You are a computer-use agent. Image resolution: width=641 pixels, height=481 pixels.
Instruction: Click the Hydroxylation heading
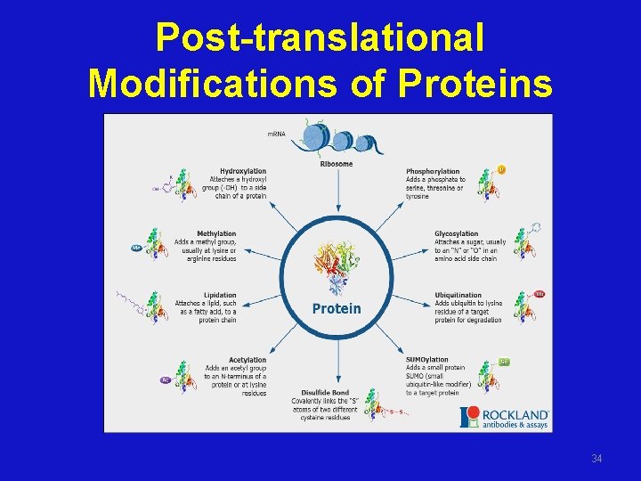tap(243, 171)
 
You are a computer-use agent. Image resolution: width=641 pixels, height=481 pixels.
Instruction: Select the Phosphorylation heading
tap(433, 171)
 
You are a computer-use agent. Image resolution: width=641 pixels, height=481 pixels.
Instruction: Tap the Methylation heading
tap(216, 233)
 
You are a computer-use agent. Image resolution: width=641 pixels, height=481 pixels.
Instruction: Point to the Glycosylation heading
tap(456, 233)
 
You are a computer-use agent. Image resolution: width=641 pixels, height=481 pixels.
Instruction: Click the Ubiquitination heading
tap(458, 295)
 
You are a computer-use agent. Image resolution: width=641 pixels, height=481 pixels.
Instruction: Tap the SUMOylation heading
tap(427, 360)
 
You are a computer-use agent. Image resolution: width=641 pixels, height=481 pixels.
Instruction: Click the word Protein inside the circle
tap(337, 308)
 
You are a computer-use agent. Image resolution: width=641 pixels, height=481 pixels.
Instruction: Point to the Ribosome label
tap(337, 164)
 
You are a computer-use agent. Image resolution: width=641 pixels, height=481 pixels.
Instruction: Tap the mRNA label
tap(278, 134)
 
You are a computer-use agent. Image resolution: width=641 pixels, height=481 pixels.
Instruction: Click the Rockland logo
tap(504, 417)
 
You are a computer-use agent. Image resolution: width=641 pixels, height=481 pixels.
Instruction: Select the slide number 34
tap(596, 459)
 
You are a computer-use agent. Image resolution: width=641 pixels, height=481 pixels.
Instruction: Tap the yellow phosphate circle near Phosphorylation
tap(501, 169)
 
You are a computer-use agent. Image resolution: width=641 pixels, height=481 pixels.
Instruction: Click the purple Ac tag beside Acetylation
tap(165, 380)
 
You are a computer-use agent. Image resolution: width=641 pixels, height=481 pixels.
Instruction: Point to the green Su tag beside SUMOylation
tap(504, 362)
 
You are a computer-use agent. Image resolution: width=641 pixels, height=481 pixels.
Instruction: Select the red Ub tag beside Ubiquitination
tap(540, 294)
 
